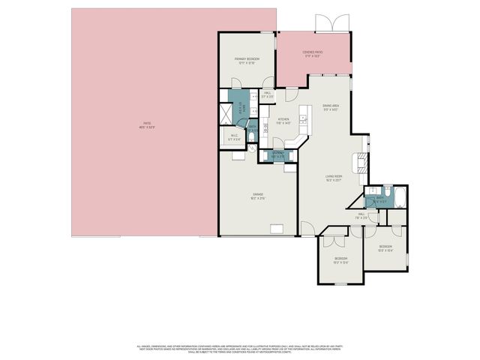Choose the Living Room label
point(334,178)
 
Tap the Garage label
point(258,196)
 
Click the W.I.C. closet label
point(234,137)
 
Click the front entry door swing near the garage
point(307,228)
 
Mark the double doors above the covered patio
point(331,23)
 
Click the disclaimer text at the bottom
point(240,349)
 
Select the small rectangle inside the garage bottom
point(276,229)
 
